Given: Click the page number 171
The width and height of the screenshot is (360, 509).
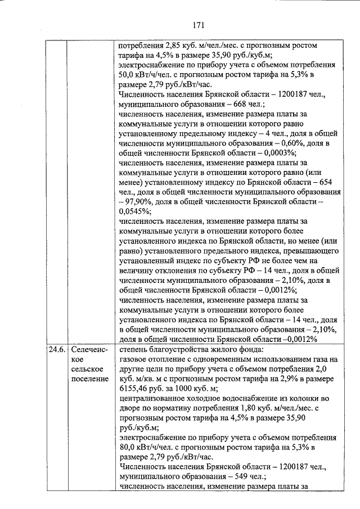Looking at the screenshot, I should tap(197, 25).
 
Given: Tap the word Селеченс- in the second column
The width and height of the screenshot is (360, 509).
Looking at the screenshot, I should tap(88, 350).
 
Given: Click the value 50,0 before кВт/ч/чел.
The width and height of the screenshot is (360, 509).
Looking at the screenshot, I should tap(129, 75).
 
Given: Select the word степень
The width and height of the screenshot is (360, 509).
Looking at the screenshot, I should tap(132, 350).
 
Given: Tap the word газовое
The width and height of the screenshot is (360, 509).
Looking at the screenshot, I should tap(133, 359).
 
